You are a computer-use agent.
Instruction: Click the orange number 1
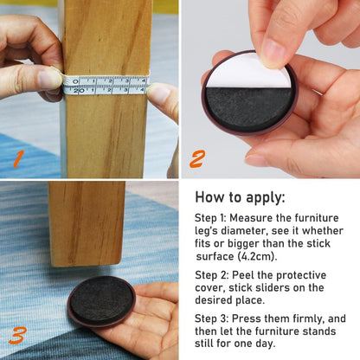[18, 160]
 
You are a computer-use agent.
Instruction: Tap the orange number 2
[197, 159]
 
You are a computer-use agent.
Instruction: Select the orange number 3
[18, 336]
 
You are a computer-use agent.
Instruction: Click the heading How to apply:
[240, 197]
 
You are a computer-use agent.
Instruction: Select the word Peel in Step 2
[243, 275]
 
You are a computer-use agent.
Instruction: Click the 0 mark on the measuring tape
[75, 81]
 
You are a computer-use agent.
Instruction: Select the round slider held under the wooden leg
[101, 302]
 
